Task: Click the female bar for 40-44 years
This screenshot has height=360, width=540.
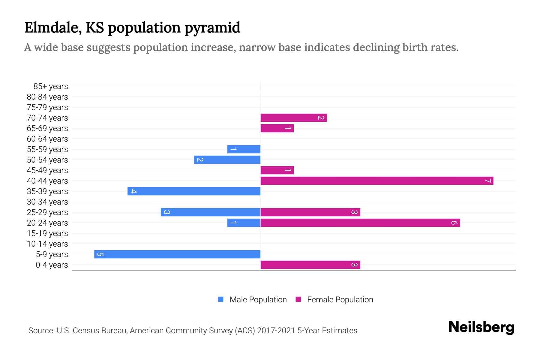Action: [377, 181]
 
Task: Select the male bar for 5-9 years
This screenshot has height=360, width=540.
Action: [177, 254]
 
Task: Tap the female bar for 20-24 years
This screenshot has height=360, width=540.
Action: [360, 223]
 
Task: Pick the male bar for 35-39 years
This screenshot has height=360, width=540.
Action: [194, 191]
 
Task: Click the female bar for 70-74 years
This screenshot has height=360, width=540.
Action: [294, 118]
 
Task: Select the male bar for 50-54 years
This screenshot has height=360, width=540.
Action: [227, 160]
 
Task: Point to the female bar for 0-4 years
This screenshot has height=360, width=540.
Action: [310, 265]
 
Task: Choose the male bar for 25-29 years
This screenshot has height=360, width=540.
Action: [211, 212]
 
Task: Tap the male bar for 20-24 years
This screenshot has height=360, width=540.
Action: [244, 223]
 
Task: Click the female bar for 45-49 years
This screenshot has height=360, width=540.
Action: [277, 170]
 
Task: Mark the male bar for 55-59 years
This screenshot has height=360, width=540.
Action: [244, 149]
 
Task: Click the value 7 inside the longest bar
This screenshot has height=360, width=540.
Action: [487, 181]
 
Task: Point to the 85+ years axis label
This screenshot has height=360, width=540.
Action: [51, 86]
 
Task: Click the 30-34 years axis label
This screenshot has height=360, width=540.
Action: [47, 202]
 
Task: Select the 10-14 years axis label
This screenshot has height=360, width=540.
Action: [47, 244]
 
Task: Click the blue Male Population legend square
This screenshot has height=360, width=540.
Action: [221, 299]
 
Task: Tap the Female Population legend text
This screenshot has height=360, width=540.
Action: [340, 300]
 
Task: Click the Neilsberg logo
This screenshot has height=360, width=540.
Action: [481, 327]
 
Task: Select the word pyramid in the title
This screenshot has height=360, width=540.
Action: [212, 28]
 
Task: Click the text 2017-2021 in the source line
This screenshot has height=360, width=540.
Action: [276, 331]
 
